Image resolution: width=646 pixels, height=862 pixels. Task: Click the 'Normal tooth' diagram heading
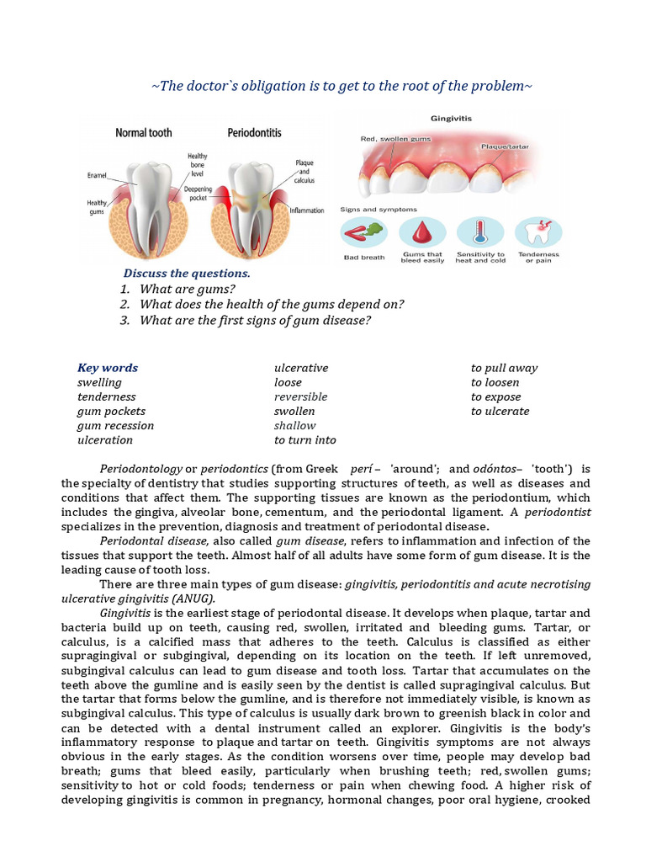click(144, 133)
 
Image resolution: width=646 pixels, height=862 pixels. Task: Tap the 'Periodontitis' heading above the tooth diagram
click(254, 133)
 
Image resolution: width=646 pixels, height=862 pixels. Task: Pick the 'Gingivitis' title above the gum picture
click(452, 119)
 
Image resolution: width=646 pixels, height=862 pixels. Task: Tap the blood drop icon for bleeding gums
click(421, 232)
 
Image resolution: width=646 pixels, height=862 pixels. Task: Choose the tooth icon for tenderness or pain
click(537, 232)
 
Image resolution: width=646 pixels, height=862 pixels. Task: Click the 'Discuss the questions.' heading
click(187, 274)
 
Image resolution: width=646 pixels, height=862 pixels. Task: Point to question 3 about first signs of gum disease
click(255, 320)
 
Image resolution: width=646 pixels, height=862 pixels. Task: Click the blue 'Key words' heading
click(108, 368)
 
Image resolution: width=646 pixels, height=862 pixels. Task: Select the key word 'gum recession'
click(115, 425)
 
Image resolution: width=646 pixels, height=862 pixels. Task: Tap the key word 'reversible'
click(300, 396)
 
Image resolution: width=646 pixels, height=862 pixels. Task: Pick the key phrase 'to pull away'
click(504, 368)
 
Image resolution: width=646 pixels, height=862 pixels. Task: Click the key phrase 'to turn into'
click(304, 439)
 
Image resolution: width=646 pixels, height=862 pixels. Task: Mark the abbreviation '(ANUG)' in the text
click(195, 599)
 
